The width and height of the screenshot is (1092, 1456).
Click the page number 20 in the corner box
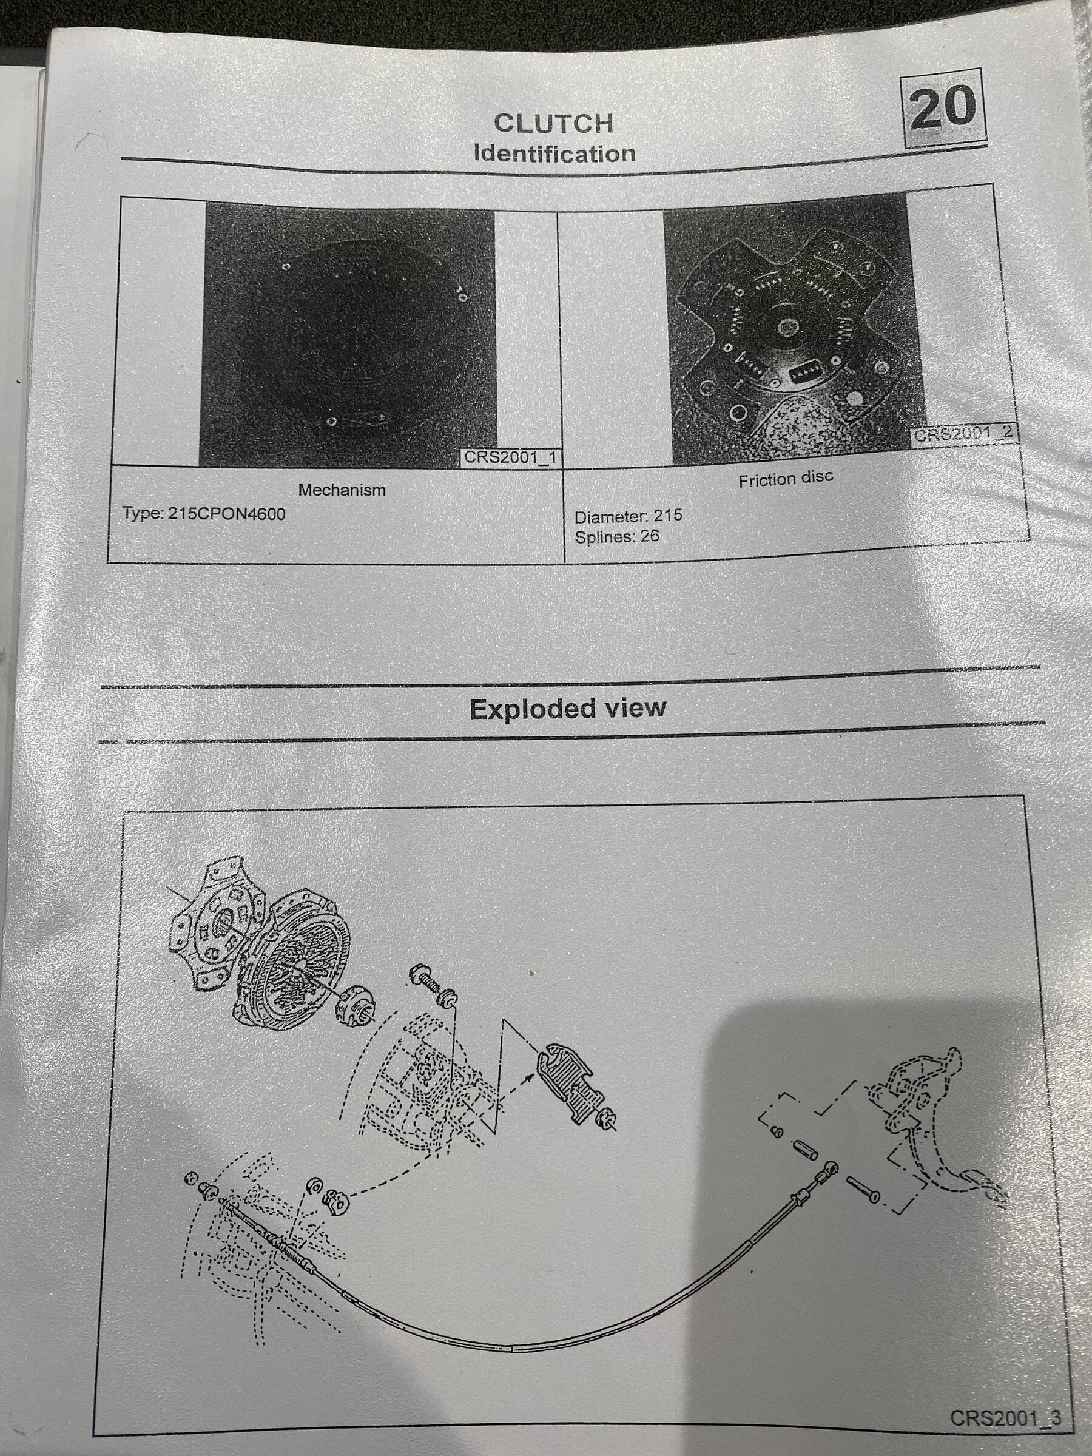click(943, 107)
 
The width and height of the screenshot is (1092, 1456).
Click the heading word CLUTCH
click(553, 123)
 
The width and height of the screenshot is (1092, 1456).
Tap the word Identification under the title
click(554, 153)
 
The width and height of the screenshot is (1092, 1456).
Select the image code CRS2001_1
click(511, 457)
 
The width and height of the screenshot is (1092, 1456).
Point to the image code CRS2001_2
click(963, 434)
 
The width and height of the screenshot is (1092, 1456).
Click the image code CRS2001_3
click(1005, 1417)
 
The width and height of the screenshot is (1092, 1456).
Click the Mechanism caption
click(342, 490)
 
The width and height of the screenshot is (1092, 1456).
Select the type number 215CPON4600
click(226, 513)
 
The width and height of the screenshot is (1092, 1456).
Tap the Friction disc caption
click(785, 479)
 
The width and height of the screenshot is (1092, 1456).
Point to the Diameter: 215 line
click(628, 516)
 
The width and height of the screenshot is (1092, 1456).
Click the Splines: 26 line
click(617, 536)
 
